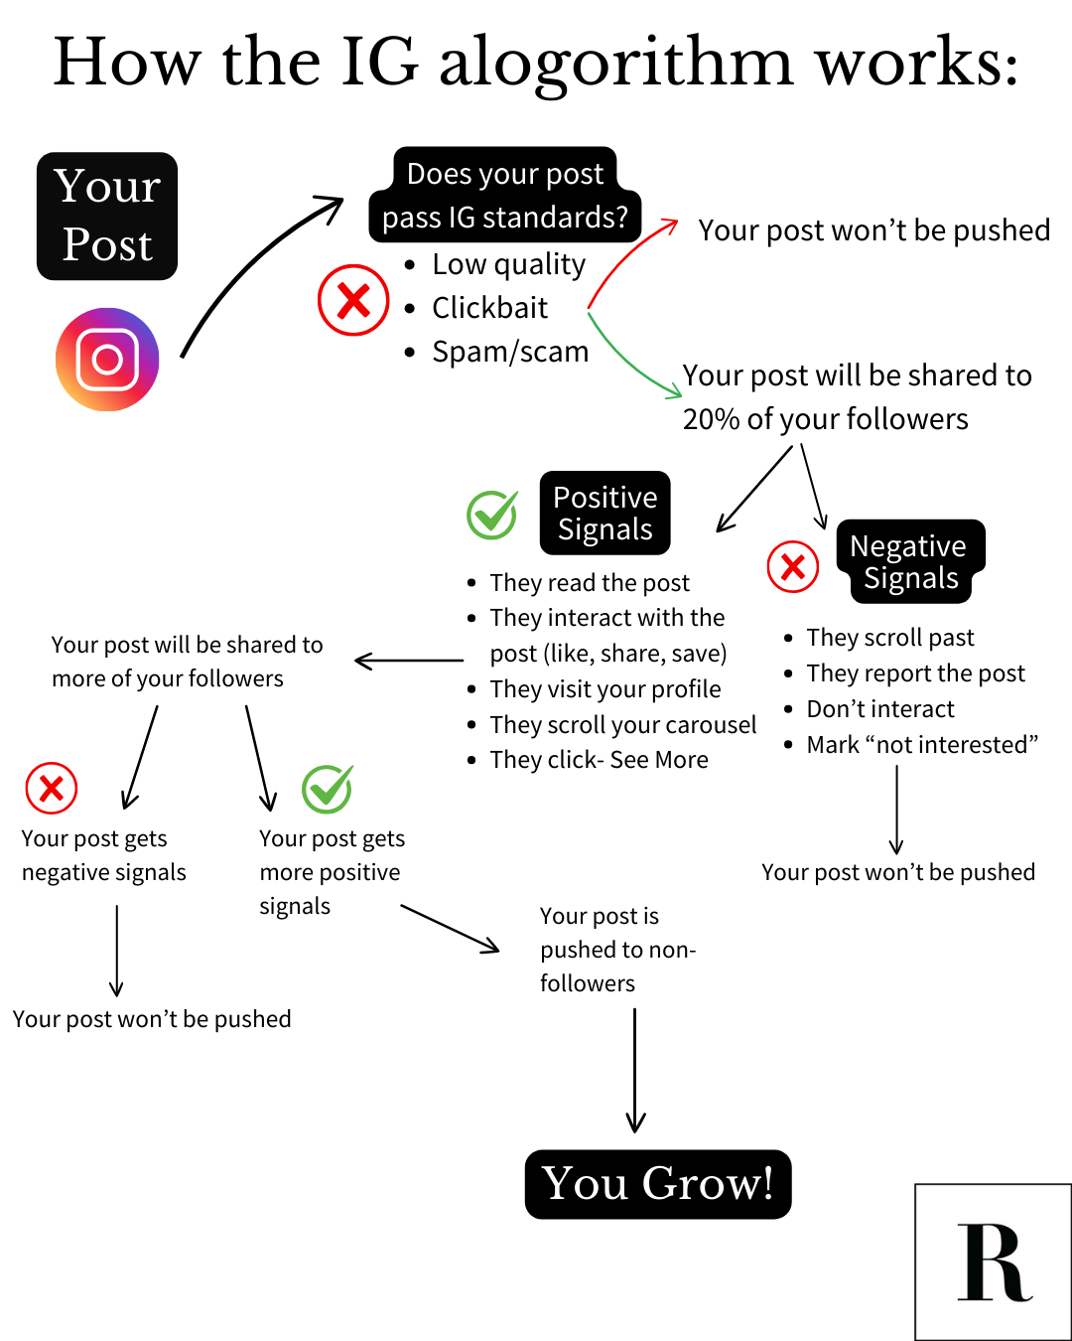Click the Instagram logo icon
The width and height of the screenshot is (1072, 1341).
click(x=107, y=360)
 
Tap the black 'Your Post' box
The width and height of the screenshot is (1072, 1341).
click(x=107, y=216)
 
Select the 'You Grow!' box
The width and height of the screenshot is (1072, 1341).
click(x=658, y=1184)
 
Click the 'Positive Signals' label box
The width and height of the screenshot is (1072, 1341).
click(x=605, y=513)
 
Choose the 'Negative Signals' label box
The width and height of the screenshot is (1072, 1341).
click(x=909, y=561)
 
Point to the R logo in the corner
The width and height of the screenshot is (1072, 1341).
click(x=993, y=1262)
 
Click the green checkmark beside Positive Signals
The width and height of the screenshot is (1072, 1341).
click(x=491, y=515)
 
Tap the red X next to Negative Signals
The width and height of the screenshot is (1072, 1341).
click(x=793, y=567)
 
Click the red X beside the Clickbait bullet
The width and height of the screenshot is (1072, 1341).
click(x=353, y=300)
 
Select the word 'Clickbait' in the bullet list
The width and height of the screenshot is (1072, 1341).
click(x=489, y=308)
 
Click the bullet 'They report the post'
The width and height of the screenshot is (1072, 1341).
click(x=915, y=673)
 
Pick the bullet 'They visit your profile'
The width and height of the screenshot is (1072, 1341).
click(x=605, y=689)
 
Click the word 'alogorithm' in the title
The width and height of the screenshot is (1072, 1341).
click(x=615, y=64)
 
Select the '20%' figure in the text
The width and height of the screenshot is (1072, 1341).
click(x=711, y=419)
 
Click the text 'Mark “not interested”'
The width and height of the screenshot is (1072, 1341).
click(x=922, y=745)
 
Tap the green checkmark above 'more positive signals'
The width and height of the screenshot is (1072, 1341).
click(x=327, y=789)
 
